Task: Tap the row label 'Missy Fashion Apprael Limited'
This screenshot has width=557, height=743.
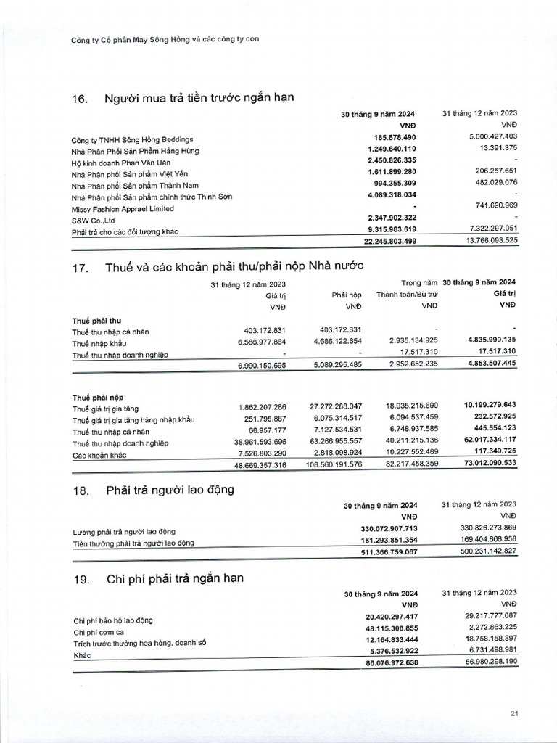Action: (x=123, y=208)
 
